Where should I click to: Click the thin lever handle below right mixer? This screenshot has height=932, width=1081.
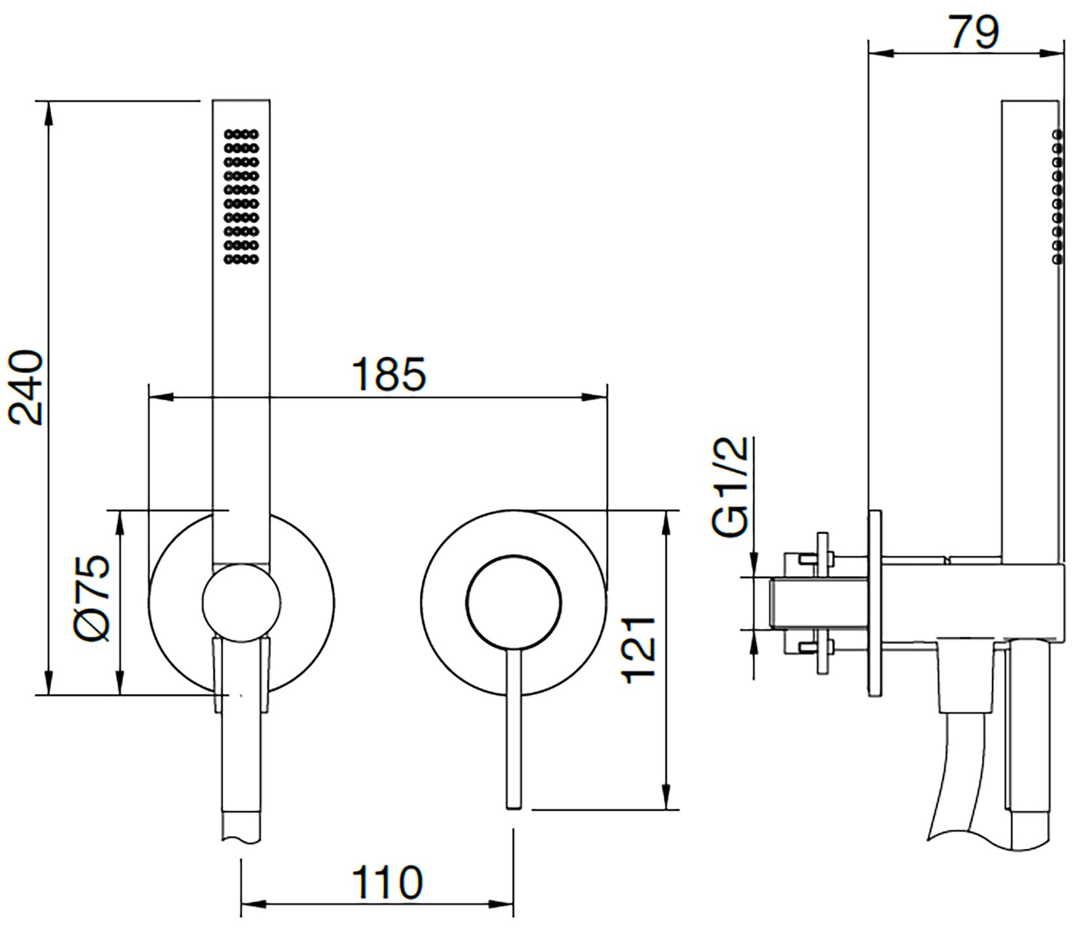513,728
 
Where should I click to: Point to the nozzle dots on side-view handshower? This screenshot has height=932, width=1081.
1057,197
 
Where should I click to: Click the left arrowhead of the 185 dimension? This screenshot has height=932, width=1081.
157,397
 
